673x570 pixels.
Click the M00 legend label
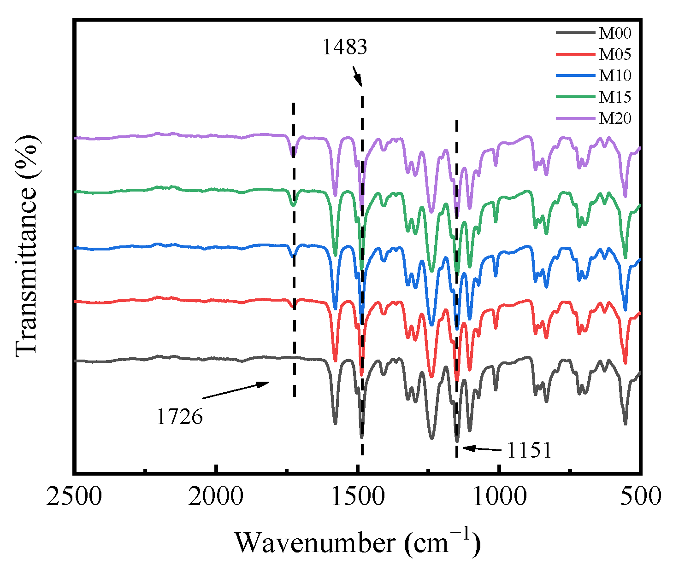[615, 33]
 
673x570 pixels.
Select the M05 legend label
[615, 55]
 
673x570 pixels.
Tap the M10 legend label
[615, 76]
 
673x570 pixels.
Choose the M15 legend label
[615, 97]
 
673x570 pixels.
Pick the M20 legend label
[615, 119]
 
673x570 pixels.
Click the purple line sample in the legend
[575, 119]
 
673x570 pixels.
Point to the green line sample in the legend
[575, 97]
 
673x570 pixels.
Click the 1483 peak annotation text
[344, 47]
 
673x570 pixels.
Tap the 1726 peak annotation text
[179, 417]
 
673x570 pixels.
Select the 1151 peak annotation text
[529, 450]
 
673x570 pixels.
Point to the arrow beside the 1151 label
[482, 448]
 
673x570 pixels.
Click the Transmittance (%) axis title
[26, 245]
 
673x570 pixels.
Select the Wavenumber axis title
[358, 542]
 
